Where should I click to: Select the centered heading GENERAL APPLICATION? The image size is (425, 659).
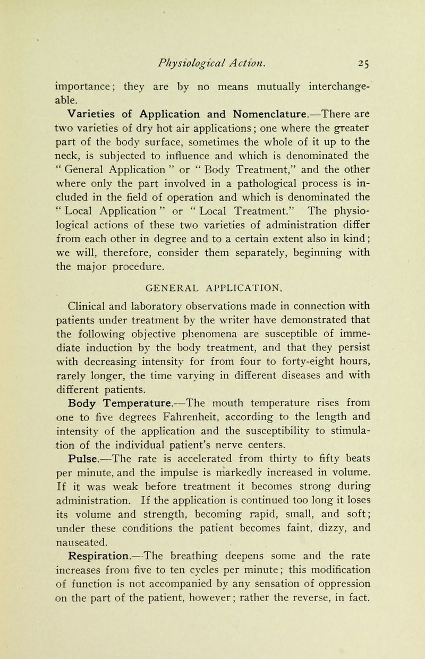pos(220,290)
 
